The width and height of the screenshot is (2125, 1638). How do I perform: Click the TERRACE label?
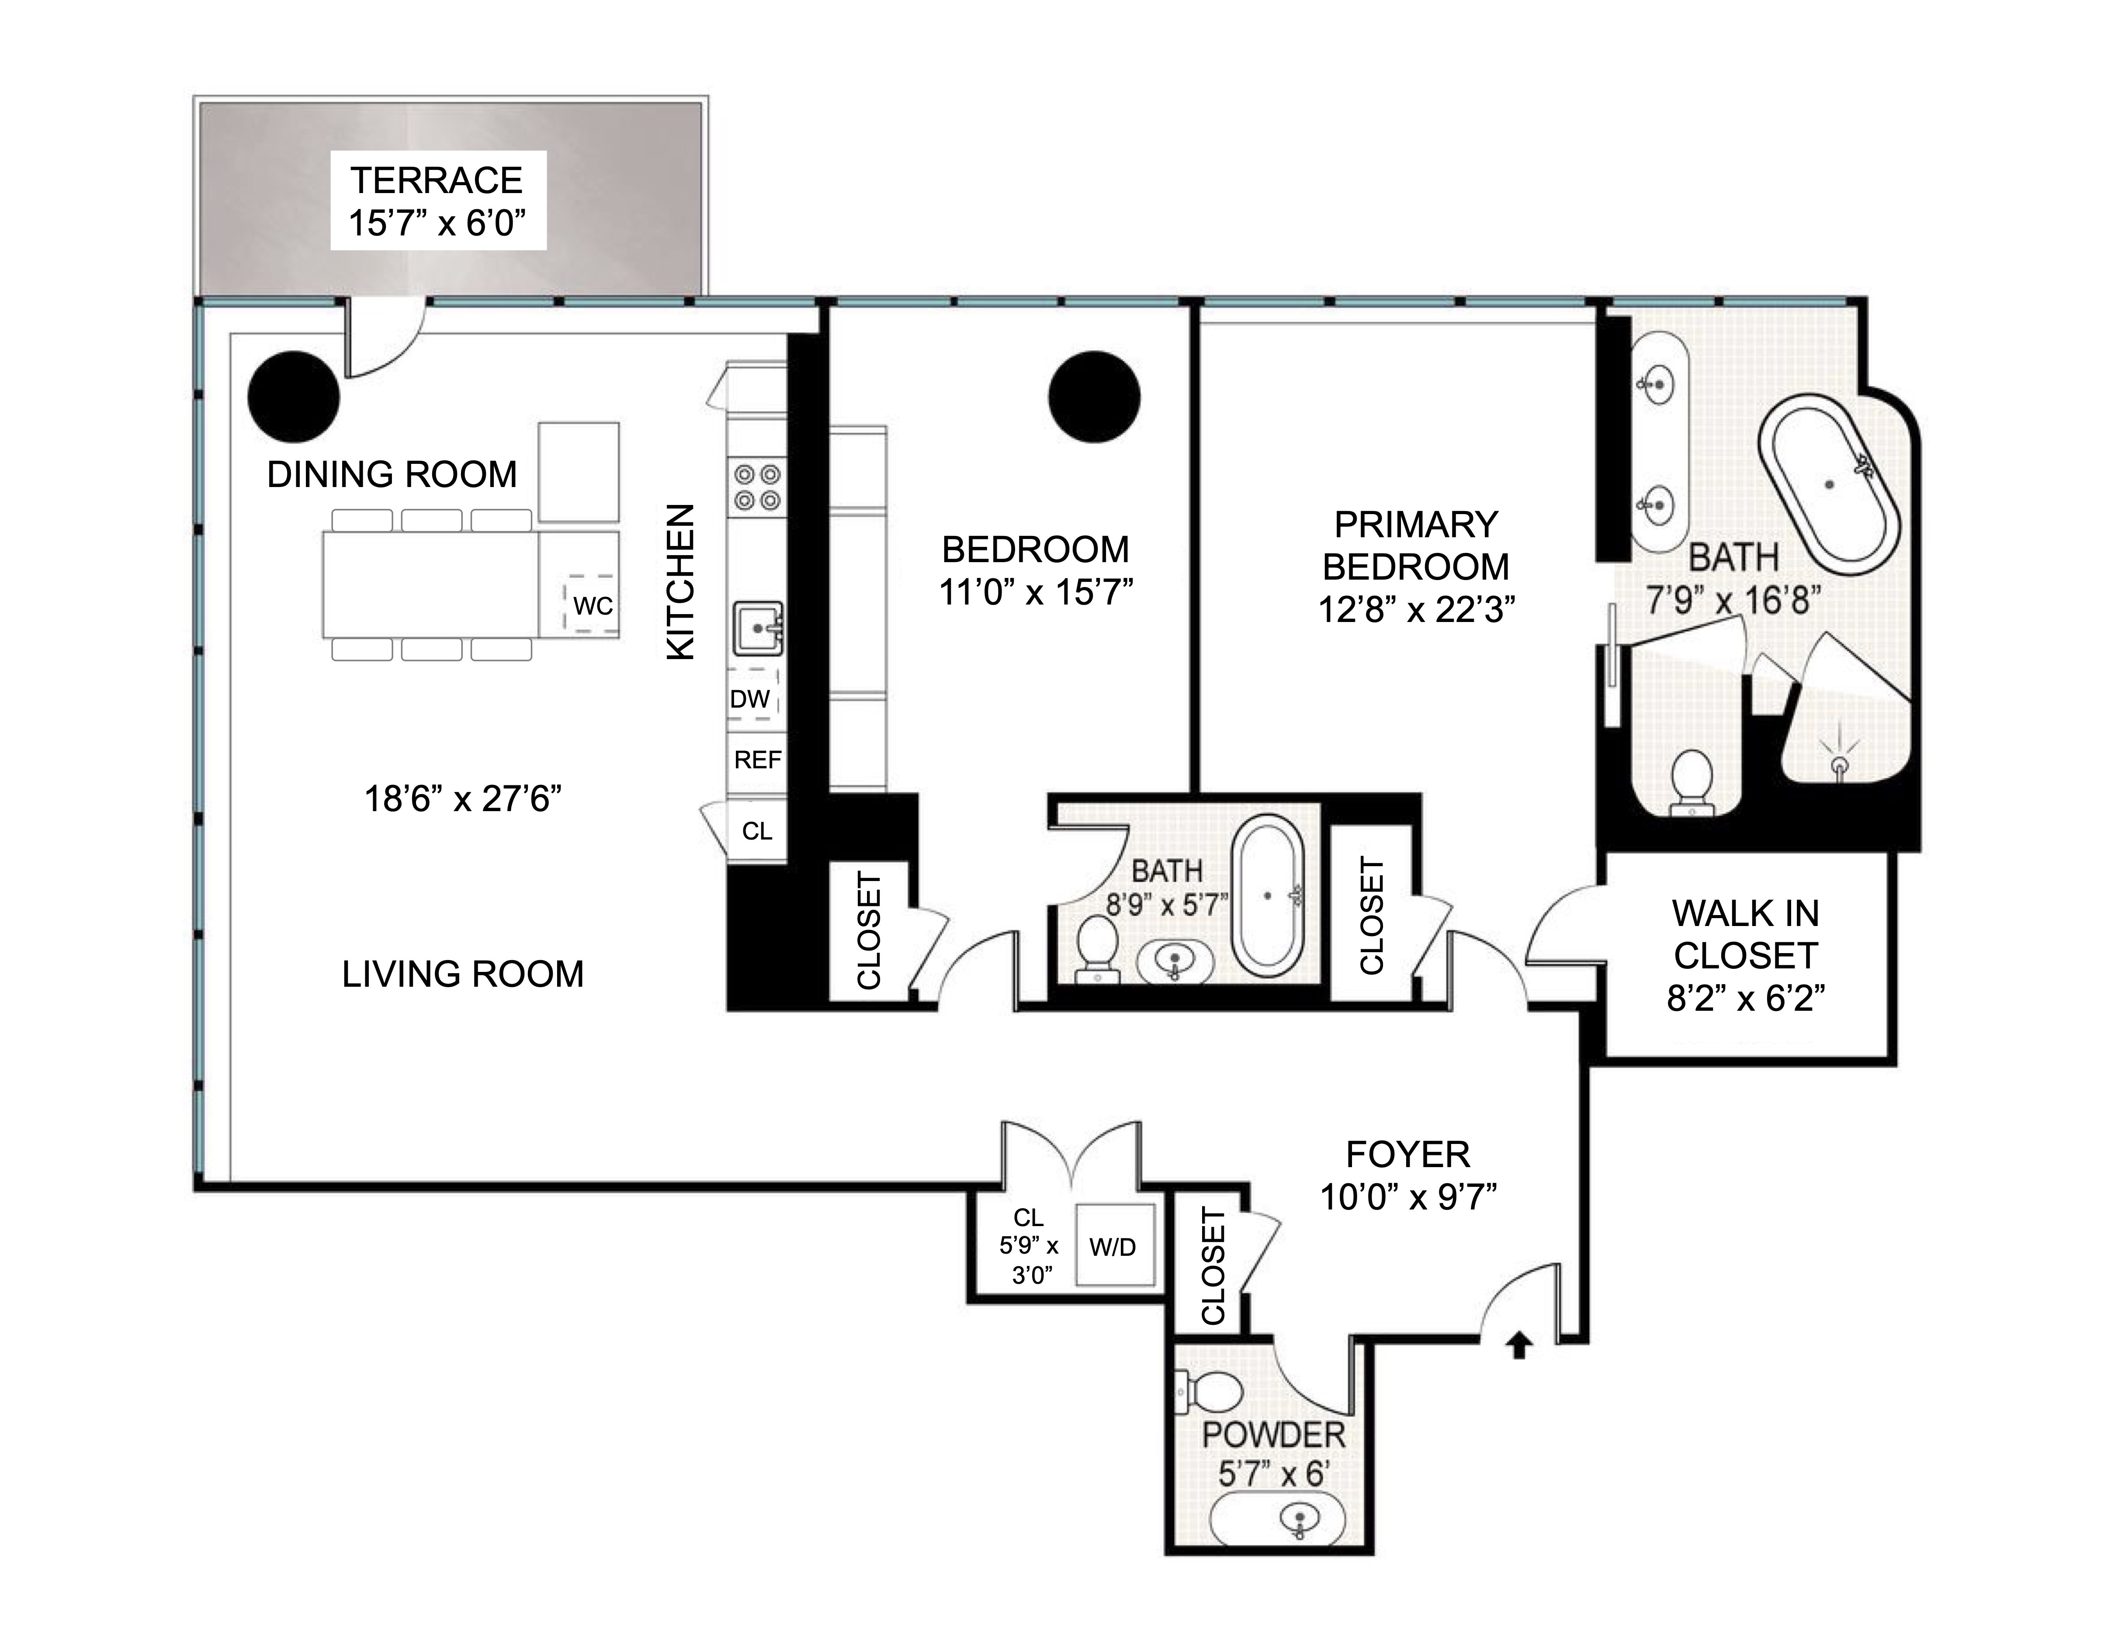click(x=437, y=181)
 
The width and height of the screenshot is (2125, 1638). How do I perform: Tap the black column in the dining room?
click(x=294, y=396)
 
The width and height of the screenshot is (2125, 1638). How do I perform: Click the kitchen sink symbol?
click(x=757, y=629)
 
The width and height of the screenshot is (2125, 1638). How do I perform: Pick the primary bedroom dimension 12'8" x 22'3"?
click(x=1416, y=609)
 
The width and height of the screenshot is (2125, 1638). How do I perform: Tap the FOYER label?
click(x=1407, y=1154)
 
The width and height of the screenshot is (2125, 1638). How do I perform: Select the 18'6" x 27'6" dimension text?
click(x=463, y=798)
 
